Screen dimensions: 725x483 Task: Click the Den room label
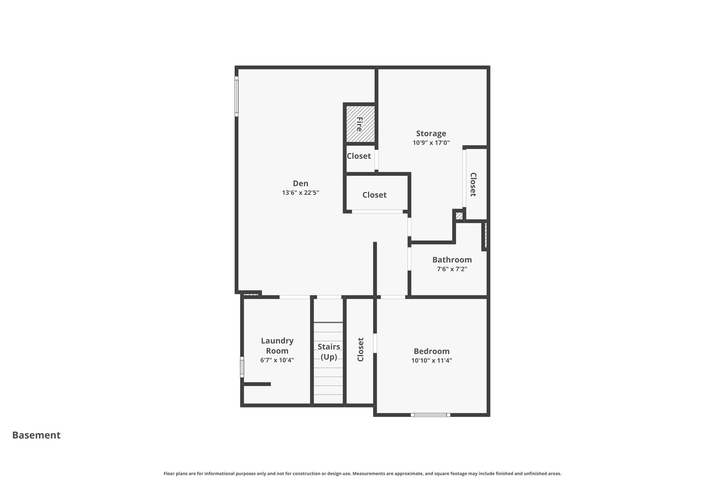[301, 183]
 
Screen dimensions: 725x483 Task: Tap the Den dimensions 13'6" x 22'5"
[301, 193]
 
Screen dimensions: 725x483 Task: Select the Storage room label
[431, 134]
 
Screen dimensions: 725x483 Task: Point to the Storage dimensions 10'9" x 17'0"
[431, 143]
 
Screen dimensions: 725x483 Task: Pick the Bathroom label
[452, 260]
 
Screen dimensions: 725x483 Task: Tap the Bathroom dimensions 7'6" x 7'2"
[452, 269]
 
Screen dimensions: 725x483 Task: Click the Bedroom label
[432, 351]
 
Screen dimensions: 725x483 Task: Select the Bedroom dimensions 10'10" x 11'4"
[432, 361]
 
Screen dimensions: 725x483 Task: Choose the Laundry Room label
[277, 346]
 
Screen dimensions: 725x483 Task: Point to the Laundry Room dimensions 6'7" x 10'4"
[277, 360]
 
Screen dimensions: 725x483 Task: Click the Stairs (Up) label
[329, 352]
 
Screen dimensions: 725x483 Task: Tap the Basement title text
[36, 435]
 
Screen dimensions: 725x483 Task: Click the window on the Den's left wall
[236, 96]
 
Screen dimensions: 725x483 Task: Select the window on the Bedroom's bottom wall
[430, 415]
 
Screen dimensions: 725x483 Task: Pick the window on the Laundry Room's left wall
[242, 367]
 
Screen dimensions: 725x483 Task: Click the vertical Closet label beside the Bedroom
[360, 350]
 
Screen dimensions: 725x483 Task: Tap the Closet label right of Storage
[473, 184]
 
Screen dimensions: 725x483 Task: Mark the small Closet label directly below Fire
[359, 156]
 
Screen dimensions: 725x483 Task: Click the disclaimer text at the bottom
[362, 473]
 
